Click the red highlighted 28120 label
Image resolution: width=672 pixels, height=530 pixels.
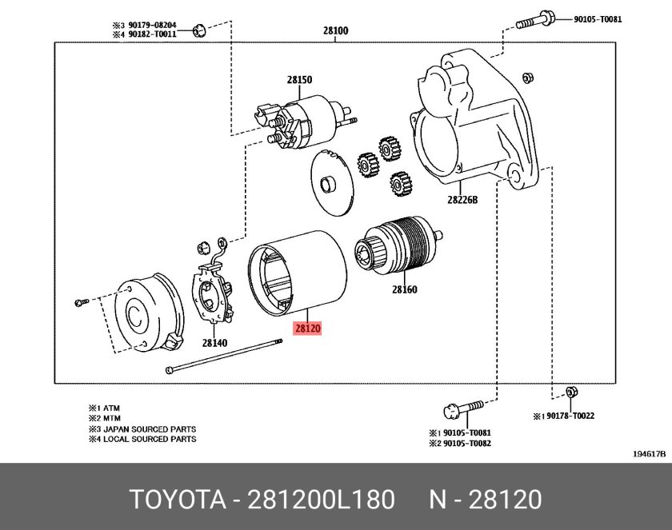click(307, 329)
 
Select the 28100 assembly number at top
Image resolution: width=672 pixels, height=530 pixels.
click(335, 30)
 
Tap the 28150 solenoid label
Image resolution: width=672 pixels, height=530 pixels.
click(299, 80)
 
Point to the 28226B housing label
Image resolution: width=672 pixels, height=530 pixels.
click(462, 200)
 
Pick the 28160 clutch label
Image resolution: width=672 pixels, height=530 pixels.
click(405, 289)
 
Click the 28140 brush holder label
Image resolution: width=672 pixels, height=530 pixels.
click(214, 342)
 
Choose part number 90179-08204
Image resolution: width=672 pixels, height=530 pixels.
click(152, 26)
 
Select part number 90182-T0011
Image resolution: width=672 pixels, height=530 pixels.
click(152, 34)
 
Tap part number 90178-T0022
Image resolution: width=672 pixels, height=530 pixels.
click(570, 416)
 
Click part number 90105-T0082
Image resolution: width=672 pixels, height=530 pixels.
click(467, 443)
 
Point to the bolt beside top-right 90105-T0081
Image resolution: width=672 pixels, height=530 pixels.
click(535, 20)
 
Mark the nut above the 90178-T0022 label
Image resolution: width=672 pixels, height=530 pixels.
click(570, 393)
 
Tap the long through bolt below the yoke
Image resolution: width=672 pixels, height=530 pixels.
click(224, 357)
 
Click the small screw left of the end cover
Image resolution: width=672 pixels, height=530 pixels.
click(82, 303)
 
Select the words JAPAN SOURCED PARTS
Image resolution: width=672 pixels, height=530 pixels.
click(150, 429)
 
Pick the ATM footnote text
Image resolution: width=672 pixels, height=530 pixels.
click(111, 408)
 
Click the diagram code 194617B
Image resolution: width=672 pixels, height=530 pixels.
click(650, 454)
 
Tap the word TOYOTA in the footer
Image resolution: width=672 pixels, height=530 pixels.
click(178, 499)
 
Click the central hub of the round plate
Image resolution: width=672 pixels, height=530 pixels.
click(329, 184)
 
